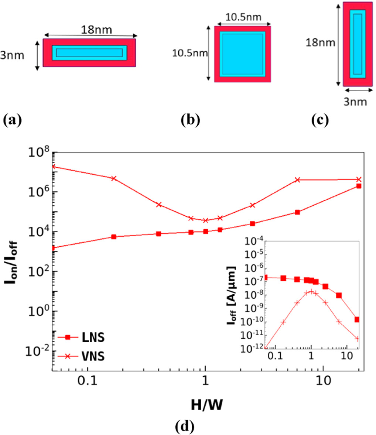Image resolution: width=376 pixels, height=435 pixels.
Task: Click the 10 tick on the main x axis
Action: point(323,380)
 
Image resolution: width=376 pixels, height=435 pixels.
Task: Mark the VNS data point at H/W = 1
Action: point(206,220)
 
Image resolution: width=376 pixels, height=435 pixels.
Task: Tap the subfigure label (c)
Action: point(320,120)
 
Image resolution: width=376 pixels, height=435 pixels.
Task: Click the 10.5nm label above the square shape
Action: point(243,17)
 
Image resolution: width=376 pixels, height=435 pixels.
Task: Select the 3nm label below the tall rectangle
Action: point(355,101)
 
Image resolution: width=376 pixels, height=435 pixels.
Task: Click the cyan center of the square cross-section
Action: point(242,54)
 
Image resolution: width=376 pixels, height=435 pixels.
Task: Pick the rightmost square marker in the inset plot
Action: point(357,319)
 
